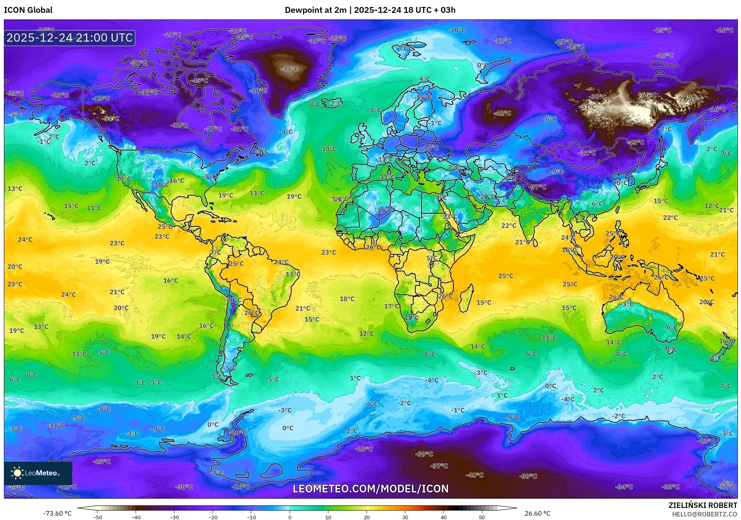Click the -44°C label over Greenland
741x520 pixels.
pyautogui.click(x=289, y=69)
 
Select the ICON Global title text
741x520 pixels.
pyautogui.click(x=28, y=10)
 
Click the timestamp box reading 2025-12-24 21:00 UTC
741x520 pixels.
pyautogui.click(x=70, y=38)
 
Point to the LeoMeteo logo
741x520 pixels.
pyautogui.click(x=38, y=473)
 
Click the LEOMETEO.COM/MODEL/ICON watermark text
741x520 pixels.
pyautogui.click(x=370, y=489)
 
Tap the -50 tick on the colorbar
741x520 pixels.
pyautogui.click(x=98, y=517)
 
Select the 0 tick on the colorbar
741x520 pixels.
pyautogui.click(x=289, y=517)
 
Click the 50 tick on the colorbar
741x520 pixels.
pyautogui.click(x=481, y=517)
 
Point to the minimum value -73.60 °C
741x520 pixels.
pyautogui.click(x=57, y=513)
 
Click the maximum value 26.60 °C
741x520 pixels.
pyautogui.click(x=537, y=513)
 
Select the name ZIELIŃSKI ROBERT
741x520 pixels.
pyautogui.click(x=703, y=505)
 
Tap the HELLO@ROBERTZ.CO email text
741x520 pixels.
pyautogui.click(x=704, y=514)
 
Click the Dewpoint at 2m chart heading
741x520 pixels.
pyautogui.click(x=370, y=10)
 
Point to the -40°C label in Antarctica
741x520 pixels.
pyautogui.click(x=474, y=475)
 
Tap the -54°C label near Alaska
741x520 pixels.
pyautogui.click(x=110, y=119)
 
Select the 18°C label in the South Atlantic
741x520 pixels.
pyautogui.click(x=347, y=299)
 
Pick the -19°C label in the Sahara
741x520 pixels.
pyautogui.click(x=384, y=211)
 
